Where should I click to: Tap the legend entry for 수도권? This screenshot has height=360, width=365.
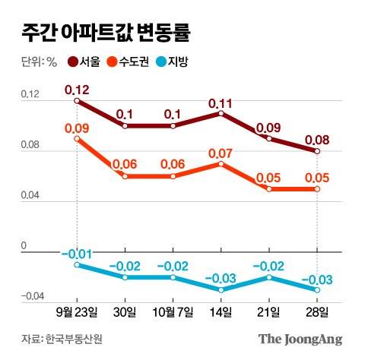[134, 62]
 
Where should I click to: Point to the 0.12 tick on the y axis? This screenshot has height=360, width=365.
[27, 94]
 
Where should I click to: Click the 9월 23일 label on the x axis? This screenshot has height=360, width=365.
[77, 312]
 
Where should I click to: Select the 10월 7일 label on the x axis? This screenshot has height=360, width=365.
[173, 312]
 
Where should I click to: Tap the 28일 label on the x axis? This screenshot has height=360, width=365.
[317, 312]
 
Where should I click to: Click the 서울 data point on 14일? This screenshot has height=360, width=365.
[221, 113]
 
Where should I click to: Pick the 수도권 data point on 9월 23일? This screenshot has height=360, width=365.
[77, 138]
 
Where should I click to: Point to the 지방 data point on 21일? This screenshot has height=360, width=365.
[269, 277]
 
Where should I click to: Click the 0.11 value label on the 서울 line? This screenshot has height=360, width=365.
[220, 102]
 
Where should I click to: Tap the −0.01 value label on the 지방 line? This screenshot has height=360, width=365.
[76, 252]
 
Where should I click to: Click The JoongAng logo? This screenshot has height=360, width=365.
[300, 339]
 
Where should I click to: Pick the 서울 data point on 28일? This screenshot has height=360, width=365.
[317, 151]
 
